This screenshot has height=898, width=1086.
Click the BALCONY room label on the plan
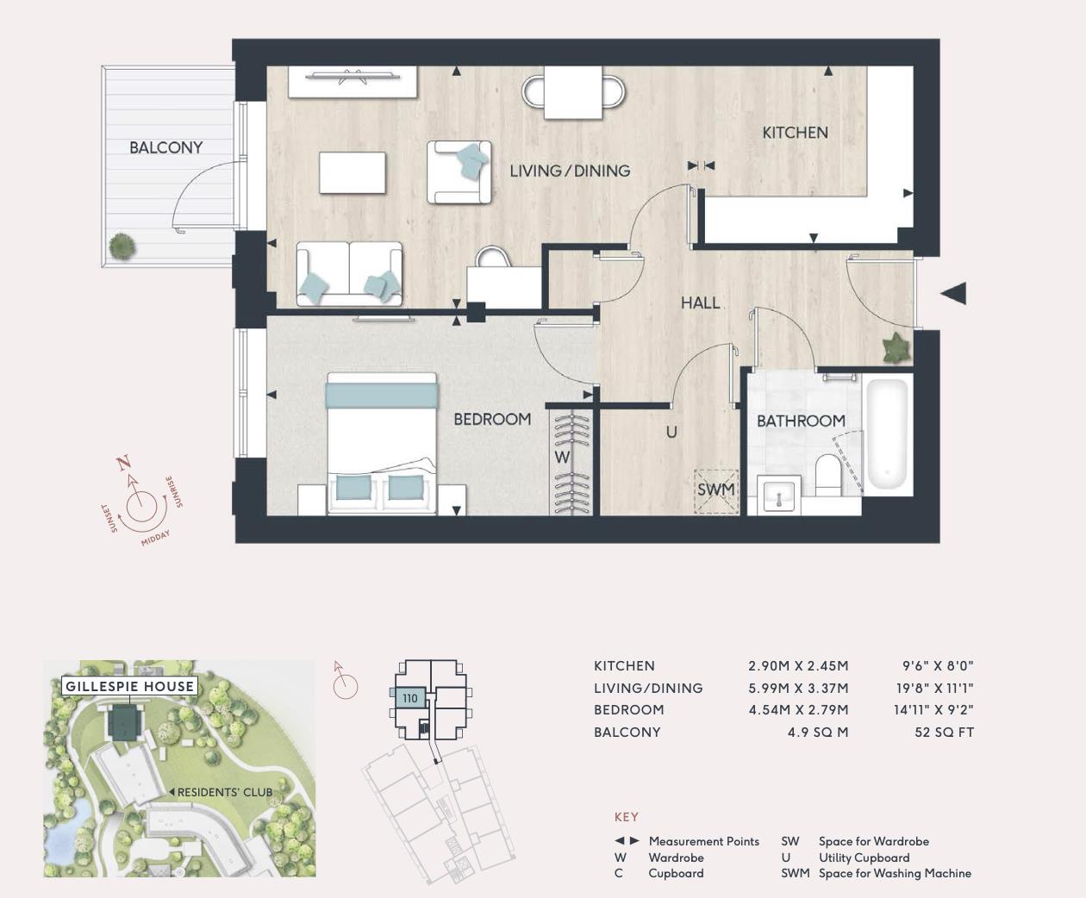pos(165,147)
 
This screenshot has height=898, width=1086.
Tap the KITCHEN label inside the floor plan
pos(795,133)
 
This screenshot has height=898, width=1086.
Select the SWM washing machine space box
pos(716,490)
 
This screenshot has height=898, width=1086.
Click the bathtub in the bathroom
pos(887,435)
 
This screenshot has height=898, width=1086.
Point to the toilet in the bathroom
pos(828,476)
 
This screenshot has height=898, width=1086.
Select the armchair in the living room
pos(459,172)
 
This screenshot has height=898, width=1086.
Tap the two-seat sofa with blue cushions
pos(349,273)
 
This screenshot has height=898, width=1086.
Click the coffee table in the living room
pos(353,173)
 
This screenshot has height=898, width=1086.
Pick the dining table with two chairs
pos(573,91)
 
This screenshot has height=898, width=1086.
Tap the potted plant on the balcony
pos(122,246)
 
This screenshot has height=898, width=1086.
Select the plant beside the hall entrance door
pos(896,348)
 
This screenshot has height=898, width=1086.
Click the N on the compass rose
pos(124,464)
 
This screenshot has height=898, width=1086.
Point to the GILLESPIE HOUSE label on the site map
pos(130,686)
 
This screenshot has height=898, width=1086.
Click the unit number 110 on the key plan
pos(410,699)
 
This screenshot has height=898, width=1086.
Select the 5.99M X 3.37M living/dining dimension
pos(798,688)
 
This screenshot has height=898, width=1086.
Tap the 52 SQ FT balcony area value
pos(944,733)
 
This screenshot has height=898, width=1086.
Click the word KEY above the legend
pos(627,817)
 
